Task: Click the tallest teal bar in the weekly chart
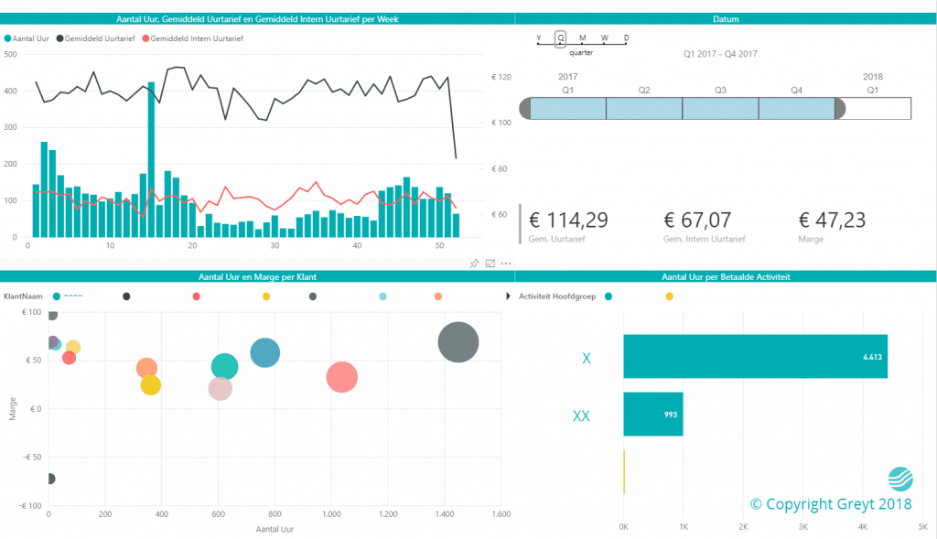coord(151,159)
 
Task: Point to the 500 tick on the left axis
coord(11,55)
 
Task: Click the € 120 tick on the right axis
coord(501,77)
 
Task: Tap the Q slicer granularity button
coord(560,38)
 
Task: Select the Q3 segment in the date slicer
coord(720,109)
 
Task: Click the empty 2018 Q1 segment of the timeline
coord(877,109)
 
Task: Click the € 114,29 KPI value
coord(568,221)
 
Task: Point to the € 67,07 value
coord(704,221)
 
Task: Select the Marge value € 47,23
coord(832,221)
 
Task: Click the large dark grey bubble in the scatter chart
coord(458,343)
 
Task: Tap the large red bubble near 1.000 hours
coord(342,377)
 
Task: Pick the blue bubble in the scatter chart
coord(264,353)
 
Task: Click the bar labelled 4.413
coord(755,357)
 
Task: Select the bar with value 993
coord(653,415)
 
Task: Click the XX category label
coord(581,415)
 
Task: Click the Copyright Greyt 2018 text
coord(831,504)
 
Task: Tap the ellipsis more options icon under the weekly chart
coord(506,264)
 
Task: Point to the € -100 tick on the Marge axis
coord(29,506)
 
